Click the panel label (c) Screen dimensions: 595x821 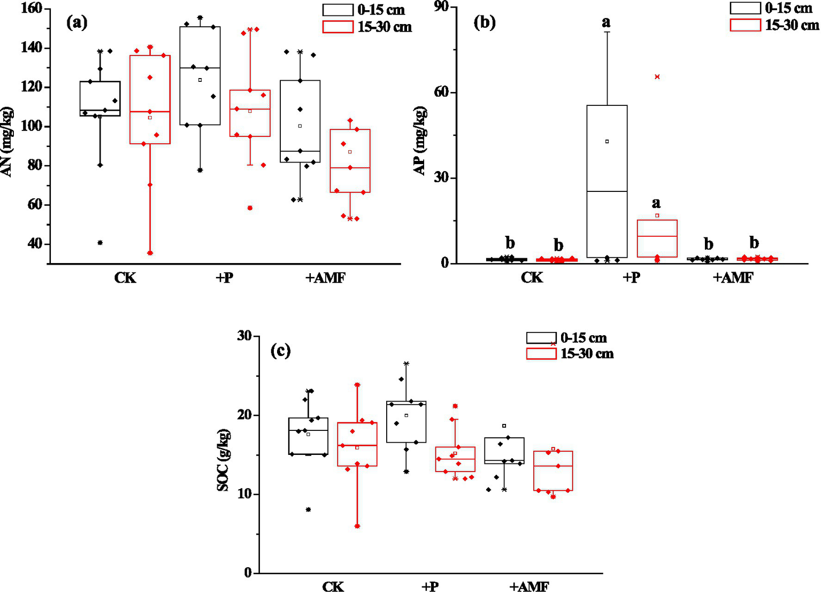[x=281, y=351]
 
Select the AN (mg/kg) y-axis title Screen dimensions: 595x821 [x=8, y=142]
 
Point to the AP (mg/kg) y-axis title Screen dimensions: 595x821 [x=420, y=141]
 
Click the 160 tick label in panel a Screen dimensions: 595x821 [x=31, y=9]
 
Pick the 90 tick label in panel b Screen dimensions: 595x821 [x=442, y=7]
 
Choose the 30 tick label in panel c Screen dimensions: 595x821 [x=244, y=336]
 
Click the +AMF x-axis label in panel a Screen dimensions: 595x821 [x=325, y=279]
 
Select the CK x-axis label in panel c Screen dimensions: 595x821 [x=333, y=586]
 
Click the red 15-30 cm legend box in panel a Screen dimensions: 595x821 [x=337, y=27]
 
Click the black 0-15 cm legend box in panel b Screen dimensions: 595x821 [x=745, y=8]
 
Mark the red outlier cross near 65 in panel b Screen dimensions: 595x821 [x=657, y=77]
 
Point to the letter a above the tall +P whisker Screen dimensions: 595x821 [x=606, y=22]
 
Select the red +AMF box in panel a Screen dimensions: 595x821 [x=350, y=160]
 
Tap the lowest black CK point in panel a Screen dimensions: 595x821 [x=100, y=243]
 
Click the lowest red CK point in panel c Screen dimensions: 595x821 [x=357, y=526]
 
